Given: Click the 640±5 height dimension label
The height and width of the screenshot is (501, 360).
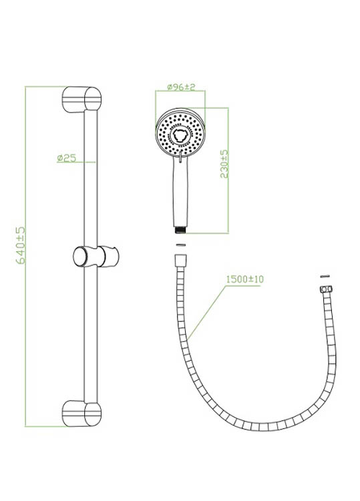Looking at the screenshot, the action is coord(21,245).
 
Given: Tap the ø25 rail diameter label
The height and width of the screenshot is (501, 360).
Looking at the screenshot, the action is coord(67,158).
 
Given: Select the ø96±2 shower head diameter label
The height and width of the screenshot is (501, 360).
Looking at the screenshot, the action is coord(181,87).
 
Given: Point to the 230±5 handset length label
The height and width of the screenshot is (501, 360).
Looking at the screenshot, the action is coord(224,164).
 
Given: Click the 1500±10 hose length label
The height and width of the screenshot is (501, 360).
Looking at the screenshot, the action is coord(245,279).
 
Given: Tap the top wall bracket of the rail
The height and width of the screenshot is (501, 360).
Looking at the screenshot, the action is coord(81,99).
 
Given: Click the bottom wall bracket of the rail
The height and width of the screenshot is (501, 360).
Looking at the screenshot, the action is coord(81,413).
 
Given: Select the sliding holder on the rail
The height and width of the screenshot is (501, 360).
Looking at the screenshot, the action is coord(96,257).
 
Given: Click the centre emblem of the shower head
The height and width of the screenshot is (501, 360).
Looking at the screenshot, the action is coord(180,136).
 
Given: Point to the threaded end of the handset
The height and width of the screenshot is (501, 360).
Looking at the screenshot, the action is coord(180,230).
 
